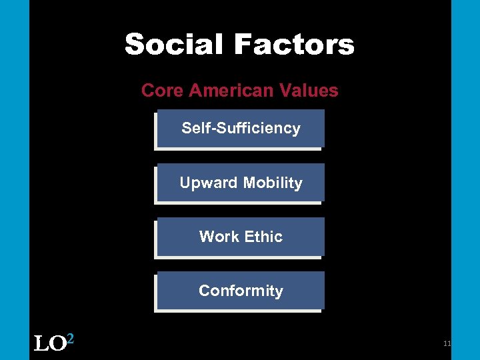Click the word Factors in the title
(293, 45)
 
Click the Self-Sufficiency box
(240, 129)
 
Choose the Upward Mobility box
(240, 183)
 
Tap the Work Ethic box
(240, 237)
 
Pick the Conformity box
(240, 291)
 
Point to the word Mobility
(273, 183)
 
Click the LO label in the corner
(49, 344)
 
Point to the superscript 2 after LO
(70, 339)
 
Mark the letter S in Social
(135, 45)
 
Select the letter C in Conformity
(204, 291)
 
